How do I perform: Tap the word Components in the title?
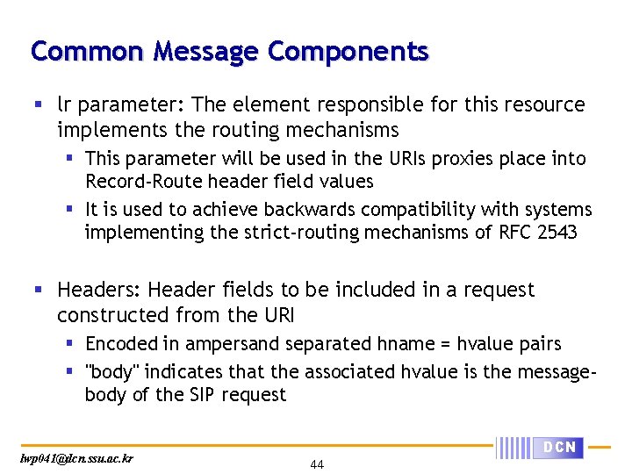348,52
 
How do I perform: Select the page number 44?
317,464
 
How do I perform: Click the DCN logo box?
559,448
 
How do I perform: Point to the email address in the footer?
76,458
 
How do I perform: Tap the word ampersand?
229,344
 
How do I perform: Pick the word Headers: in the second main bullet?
98,290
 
